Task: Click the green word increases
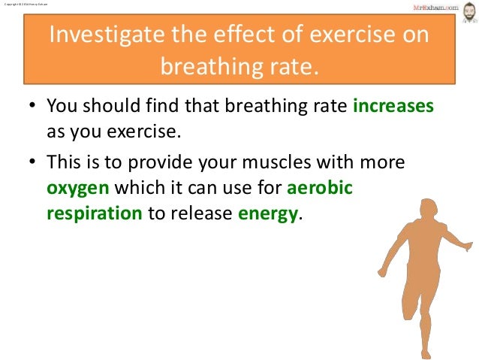393,107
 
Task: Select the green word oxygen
77,188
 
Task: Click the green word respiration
94,213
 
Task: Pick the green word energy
268,213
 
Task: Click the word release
200,213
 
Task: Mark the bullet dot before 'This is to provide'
33,163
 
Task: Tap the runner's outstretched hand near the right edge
470,246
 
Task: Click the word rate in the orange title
294,68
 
